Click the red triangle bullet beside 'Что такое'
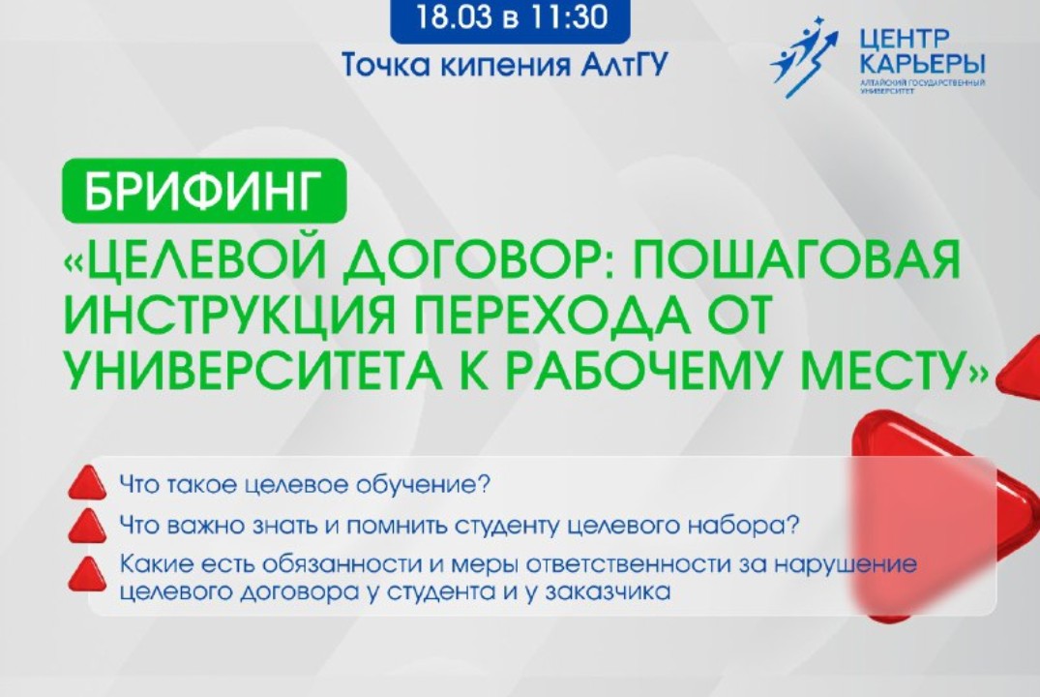(88, 481)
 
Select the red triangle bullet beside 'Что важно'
(88, 527)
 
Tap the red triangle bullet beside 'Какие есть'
(88, 573)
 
